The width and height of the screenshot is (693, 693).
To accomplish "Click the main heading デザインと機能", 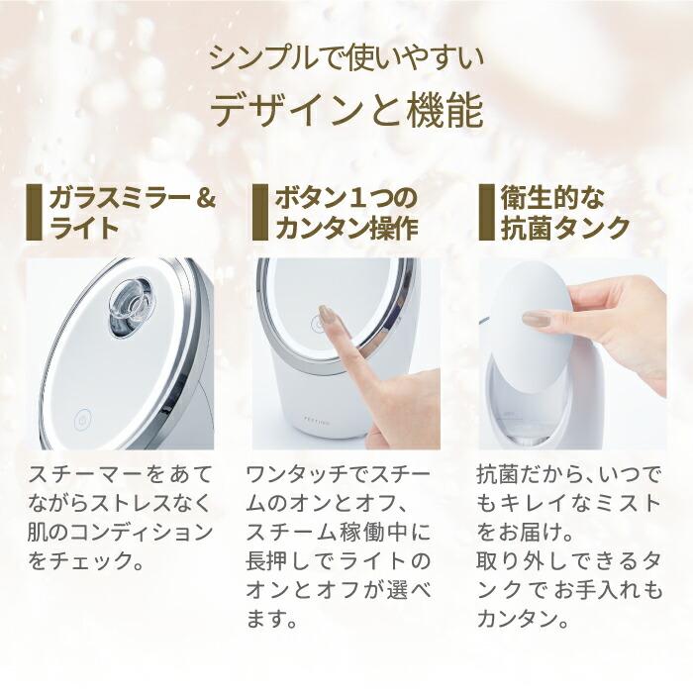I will (346, 110).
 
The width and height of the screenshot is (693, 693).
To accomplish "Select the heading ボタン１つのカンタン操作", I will (346, 212).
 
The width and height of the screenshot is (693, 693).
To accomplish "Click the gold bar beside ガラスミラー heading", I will (35, 212).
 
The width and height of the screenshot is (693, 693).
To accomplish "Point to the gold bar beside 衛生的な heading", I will (485, 212).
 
